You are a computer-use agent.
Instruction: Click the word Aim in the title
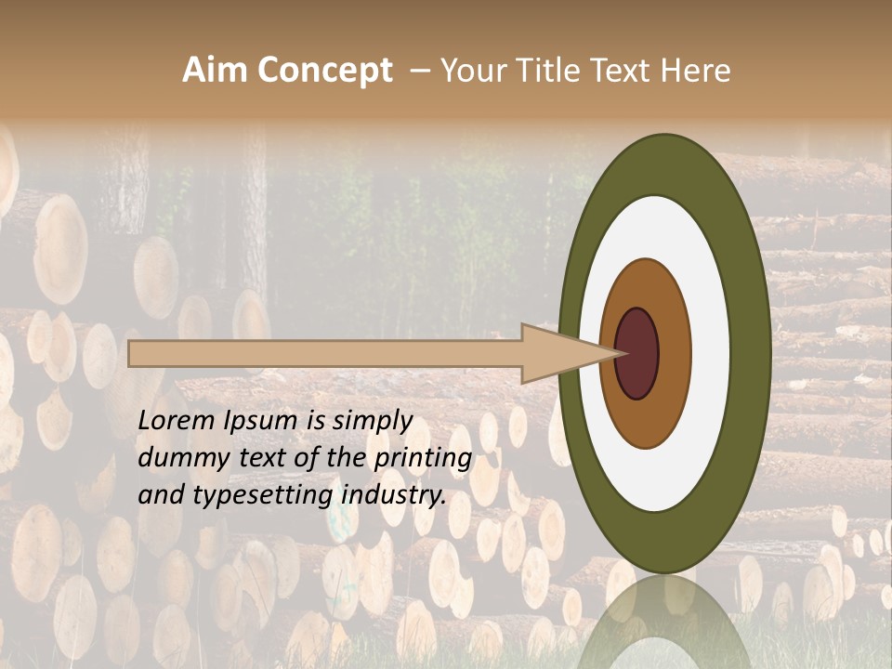[215, 71]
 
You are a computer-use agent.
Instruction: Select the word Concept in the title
[324, 71]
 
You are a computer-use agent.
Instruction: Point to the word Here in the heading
[696, 71]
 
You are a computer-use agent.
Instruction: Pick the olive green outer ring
[749, 353]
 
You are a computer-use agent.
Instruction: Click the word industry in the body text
[394, 496]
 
